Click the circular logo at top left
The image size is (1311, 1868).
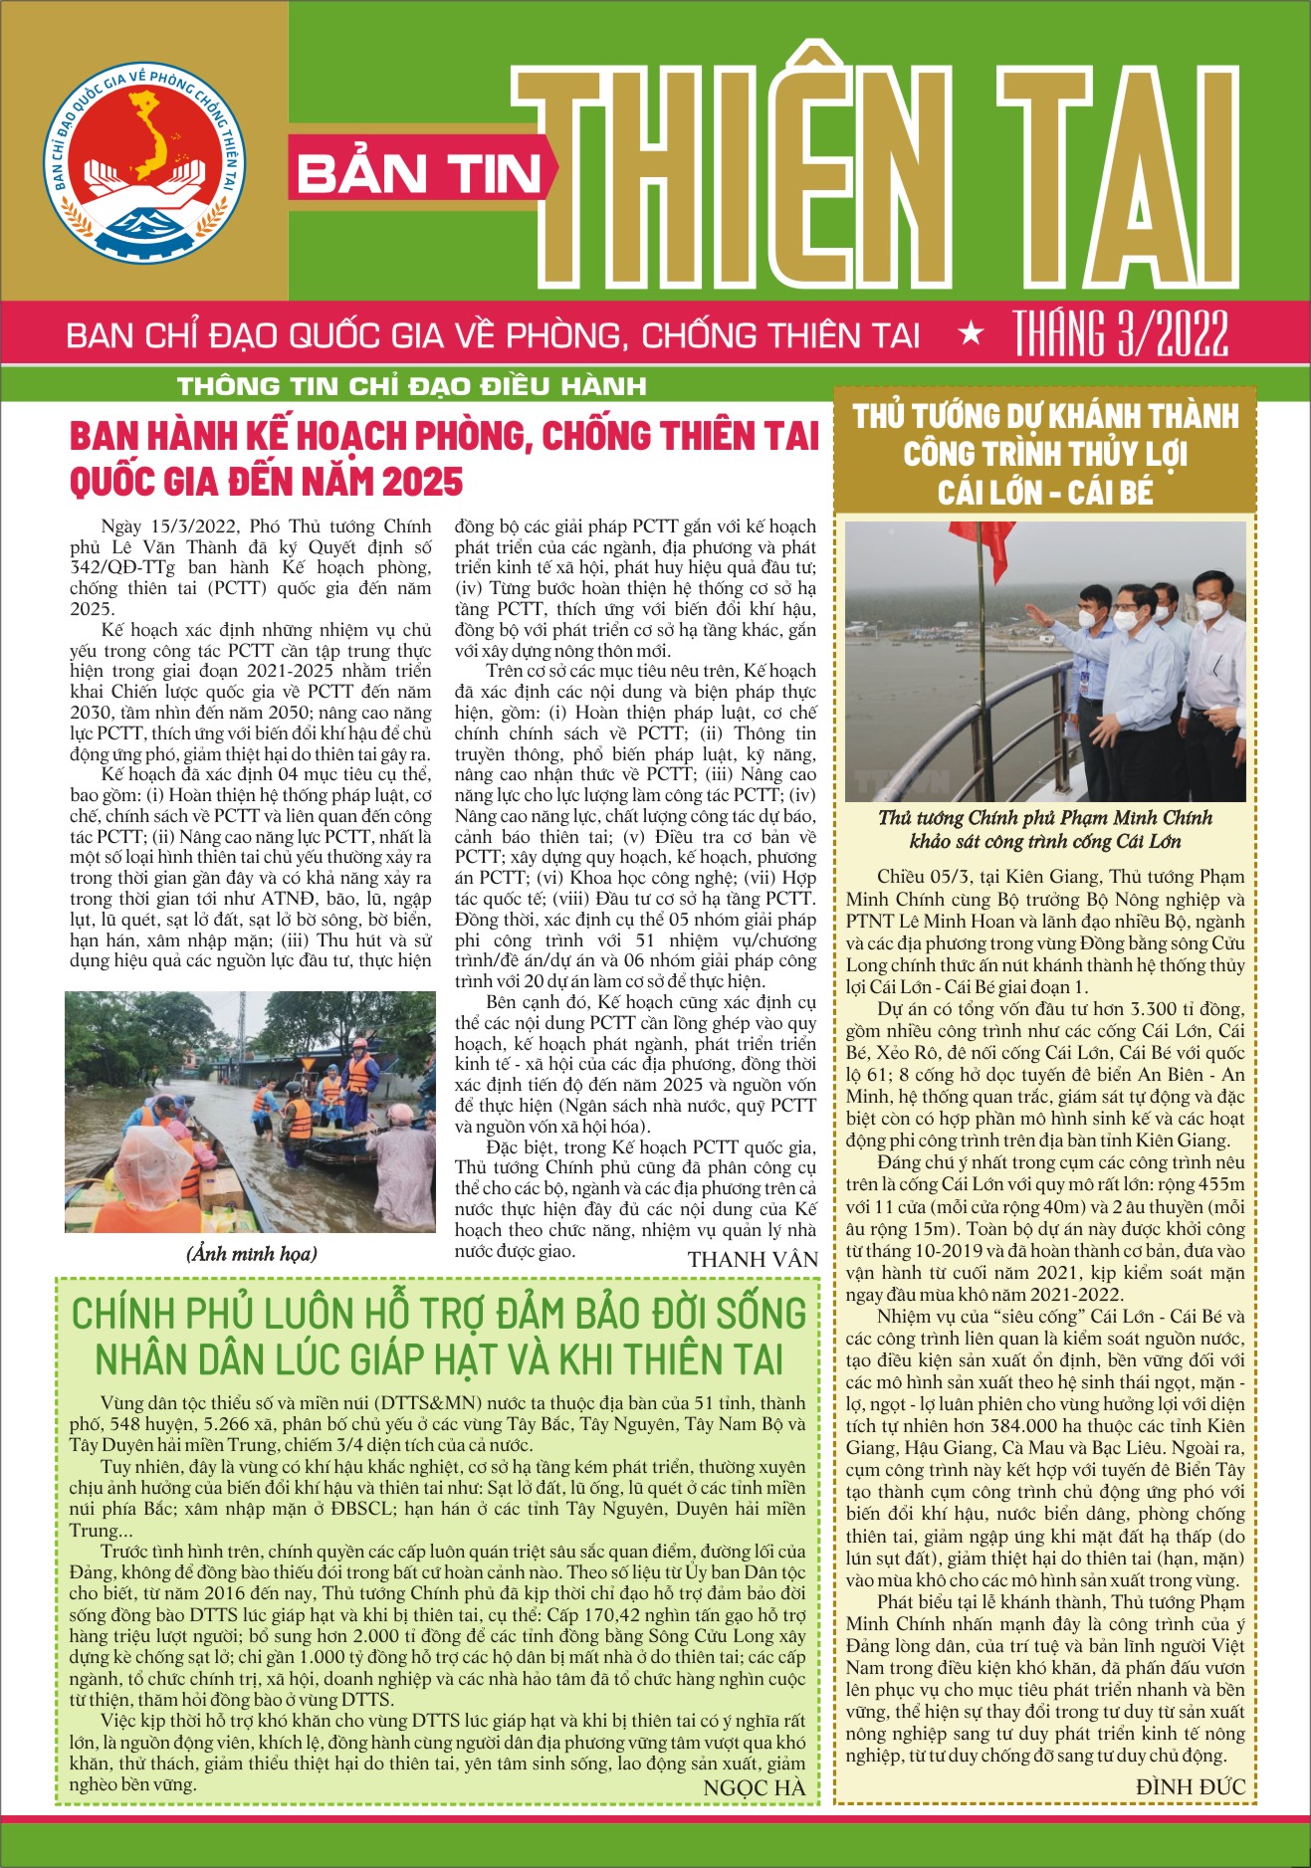pos(145,162)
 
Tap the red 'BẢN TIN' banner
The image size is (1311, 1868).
pos(418,175)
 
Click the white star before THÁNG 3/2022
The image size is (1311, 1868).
pos(970,334)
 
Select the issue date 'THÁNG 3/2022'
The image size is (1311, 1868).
pos(1121,333)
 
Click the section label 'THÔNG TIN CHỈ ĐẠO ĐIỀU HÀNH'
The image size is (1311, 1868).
pos(411,386)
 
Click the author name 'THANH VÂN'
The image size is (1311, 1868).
pos(752,1260)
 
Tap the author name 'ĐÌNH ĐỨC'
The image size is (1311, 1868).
pos(1190,1786)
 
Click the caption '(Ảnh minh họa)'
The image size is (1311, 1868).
pos(251,1254)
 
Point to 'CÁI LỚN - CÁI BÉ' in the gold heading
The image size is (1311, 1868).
pos(1044,493)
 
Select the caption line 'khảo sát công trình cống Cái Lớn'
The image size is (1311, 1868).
pos(1044,842)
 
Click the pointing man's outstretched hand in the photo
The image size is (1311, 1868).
pos(1042,613)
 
